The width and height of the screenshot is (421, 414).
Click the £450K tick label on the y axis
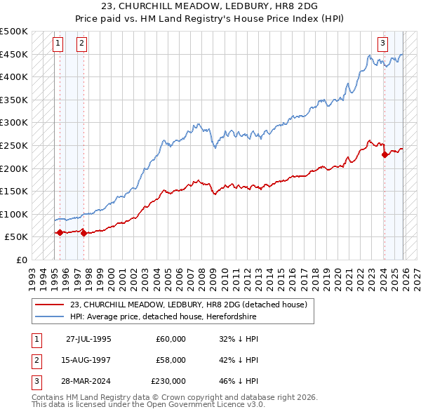tap(14, 54)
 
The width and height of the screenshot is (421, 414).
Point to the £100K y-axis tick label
tap(14, 214)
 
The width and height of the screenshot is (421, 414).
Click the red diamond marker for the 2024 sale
tap(385, 155)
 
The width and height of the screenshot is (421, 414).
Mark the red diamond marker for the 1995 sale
tap(60, 232)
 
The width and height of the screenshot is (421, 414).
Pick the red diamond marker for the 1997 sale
tap(83, 234)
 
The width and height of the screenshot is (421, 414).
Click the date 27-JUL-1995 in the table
tap(88, 338)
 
